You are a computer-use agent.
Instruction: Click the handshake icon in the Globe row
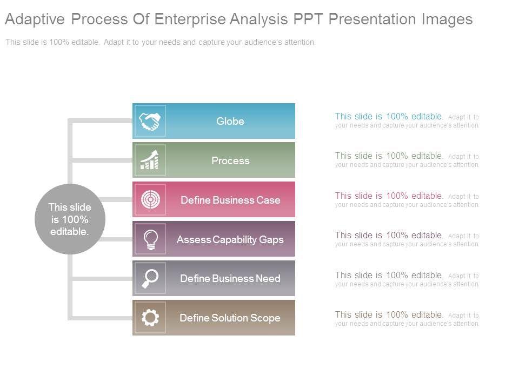coord(150,121)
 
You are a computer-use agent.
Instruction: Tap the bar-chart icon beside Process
coord(150,160)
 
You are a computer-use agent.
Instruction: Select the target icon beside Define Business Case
coord(150,200)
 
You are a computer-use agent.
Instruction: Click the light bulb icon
coord(150,239)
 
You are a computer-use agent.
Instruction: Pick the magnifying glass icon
coord(150,278)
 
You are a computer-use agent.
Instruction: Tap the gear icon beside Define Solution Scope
coord(150,318)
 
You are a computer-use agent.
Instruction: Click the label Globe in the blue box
coord(230,121)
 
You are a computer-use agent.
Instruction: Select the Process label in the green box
coord(230,160)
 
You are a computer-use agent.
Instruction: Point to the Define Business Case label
coord(230,200)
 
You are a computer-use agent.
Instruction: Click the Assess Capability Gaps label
coord(230,239)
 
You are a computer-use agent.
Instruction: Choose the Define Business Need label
coord(230,278)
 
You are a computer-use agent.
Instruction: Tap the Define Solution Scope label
coord(230,318)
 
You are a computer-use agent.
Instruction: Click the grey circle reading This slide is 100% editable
coord(70,219)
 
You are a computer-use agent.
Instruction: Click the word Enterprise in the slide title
coord(191,19)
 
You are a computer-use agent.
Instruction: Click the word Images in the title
coord(446,19)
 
